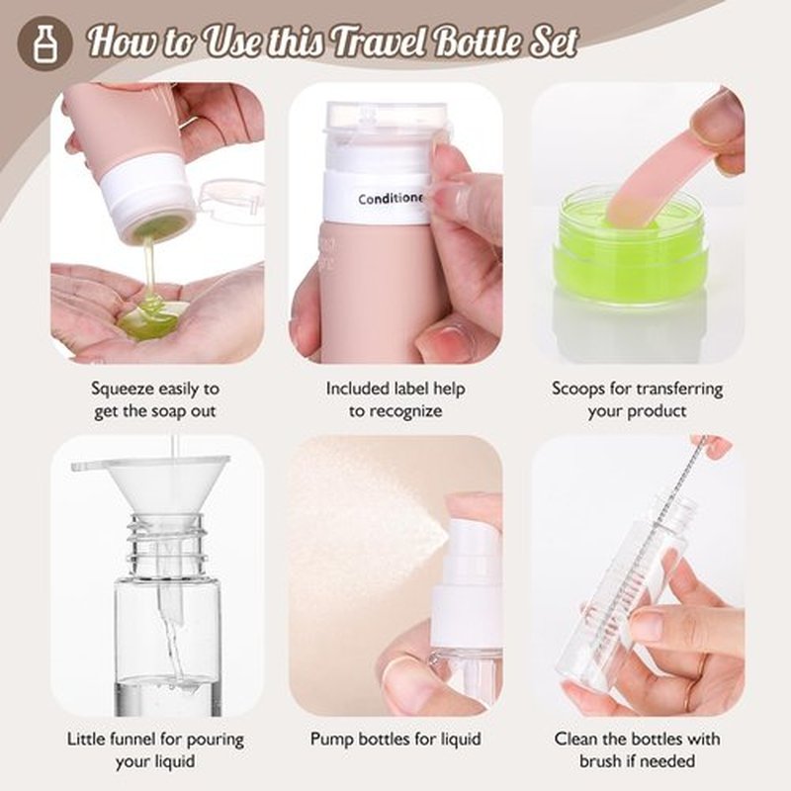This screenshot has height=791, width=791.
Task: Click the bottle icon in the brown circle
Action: (x=44, y=44)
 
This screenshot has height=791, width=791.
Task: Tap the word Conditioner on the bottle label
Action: (x=391, y=199)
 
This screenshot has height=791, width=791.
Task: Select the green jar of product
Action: (x=631, y=246)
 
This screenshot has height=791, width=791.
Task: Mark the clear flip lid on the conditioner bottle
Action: (x=386, y=121)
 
